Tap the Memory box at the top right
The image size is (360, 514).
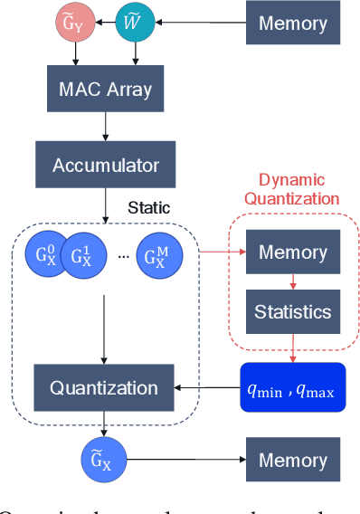tap(292, 23)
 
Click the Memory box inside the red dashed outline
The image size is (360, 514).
tap(292, 252)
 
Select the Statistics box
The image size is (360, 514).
tap(292, 312)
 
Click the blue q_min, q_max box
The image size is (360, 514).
tap(292, 386)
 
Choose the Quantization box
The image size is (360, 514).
tap(103, 387)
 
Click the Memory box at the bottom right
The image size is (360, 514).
tap(292, 460)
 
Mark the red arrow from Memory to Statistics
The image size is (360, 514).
tap(292, 281)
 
